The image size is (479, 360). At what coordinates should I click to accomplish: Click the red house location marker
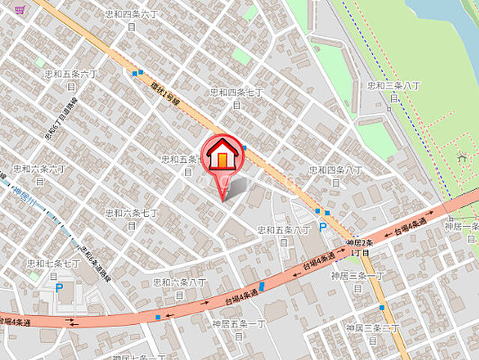point(223,155)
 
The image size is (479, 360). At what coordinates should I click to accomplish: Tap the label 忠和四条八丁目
point(335,175)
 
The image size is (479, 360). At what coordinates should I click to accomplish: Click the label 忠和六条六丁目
point(40,174)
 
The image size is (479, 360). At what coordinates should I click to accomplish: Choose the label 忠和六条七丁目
point(131,218)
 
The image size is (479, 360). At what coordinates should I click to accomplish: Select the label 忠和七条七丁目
point(53,269)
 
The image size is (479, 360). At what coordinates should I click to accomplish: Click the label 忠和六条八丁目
point(180,287)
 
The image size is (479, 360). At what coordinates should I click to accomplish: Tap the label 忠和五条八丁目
point(283,235)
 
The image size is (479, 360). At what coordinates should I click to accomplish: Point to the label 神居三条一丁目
point(357,280)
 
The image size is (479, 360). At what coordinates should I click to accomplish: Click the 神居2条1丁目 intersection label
point(360,248)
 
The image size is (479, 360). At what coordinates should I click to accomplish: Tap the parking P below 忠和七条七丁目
point(59,287)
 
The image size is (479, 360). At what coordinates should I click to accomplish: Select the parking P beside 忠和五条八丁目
point(323,226)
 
